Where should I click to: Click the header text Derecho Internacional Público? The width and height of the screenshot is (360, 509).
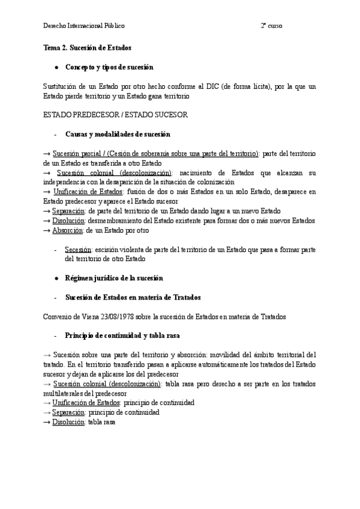[x=84, y=26]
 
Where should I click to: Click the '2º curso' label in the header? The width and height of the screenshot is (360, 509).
[x=271, y=26]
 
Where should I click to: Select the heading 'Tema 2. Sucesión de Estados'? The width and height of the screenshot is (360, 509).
[x=88, y=47]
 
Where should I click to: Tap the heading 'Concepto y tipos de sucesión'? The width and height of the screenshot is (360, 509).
[x=109, y=67]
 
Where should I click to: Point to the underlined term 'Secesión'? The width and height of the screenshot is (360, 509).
[x=78, y=250]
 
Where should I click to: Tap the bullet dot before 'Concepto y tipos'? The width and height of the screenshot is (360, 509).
[x=56, y=67]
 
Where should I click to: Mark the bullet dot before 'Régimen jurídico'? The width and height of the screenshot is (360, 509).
[x=56, y=279]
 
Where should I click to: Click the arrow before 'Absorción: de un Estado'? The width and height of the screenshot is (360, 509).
[x=47, y=230]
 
